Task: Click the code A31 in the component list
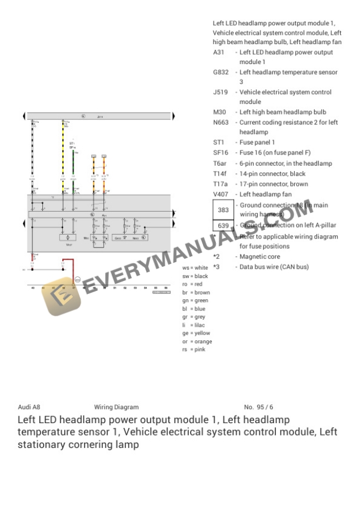(x=218, y=52)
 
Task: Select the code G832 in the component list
(x=221, y=72)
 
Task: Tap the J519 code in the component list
(x=220, y=92)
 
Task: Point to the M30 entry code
(x=219, y=112)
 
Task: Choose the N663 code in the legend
(x=221, y=122)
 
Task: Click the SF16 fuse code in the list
(x=220, y=153)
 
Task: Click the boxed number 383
(x=223, y=210)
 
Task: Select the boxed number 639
(x=223, y=226)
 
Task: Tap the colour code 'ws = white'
(x=195, y=267)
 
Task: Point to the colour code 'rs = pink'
(x=194, y=350)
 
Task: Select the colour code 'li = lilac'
(x=194, y=325)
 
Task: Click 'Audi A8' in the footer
(x=29, y=407)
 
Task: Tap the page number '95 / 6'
(x=265, y=407)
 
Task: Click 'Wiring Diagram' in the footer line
(x=116, y=407)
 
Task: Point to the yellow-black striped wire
(x=62, y=147)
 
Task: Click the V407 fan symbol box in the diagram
(x=68, y=237)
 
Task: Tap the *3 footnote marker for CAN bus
(x=216, y=267)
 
